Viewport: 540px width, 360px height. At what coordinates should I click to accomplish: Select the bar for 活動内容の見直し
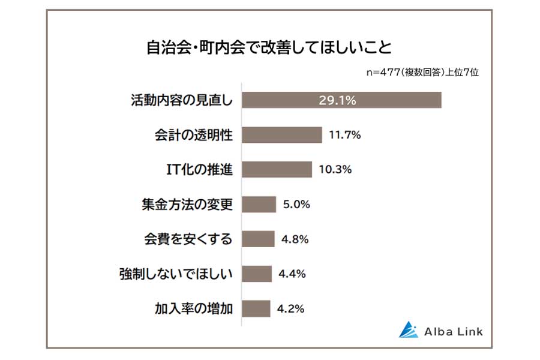tap(341, 100)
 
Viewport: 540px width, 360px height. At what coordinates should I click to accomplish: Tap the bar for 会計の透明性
tap(282, 135)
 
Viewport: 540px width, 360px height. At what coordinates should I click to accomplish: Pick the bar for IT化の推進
tap(277, 170)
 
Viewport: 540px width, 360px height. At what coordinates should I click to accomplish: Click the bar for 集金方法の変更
tap(259, 205)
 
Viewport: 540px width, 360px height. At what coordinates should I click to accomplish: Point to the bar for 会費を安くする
tap(259, 239)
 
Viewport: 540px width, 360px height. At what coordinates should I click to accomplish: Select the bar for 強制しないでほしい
tap(257, 274)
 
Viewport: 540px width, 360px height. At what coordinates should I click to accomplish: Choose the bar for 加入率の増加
tap(257, 309)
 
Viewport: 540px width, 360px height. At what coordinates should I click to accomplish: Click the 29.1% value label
tap(337, 100)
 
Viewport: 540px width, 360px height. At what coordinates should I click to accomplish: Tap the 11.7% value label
tap(344, 135)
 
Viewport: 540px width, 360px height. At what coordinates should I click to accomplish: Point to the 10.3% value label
tap(335, 170)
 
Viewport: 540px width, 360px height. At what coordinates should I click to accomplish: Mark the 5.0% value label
tap(295, 205)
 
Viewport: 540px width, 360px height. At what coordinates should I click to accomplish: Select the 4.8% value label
tap(294, 239)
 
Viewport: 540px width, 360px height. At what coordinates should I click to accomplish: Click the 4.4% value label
tap(292, 274)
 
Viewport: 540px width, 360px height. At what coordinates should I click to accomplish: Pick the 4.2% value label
tap(291, 309)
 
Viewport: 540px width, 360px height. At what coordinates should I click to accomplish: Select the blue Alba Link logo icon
tap(409, 330)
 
